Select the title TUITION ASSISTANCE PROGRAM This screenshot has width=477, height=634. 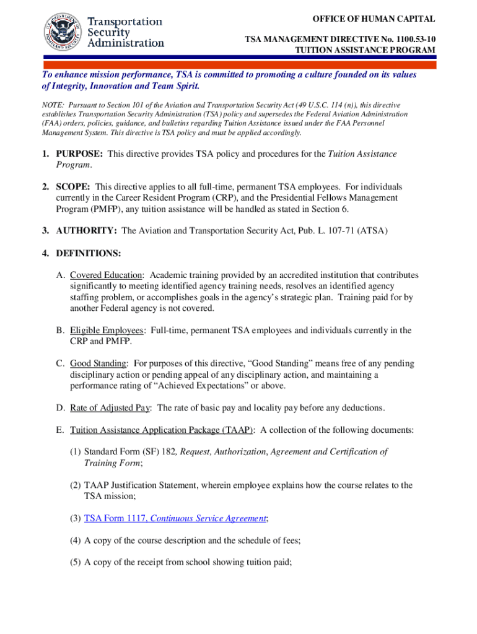coord(364,50)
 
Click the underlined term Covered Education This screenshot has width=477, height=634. coord(107,276)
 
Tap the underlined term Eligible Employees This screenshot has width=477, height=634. coord(107,331)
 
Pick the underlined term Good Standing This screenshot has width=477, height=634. coord(99,363)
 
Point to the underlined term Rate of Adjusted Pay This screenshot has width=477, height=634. coord(111,407)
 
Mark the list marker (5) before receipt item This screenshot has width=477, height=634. coord(75,562)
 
